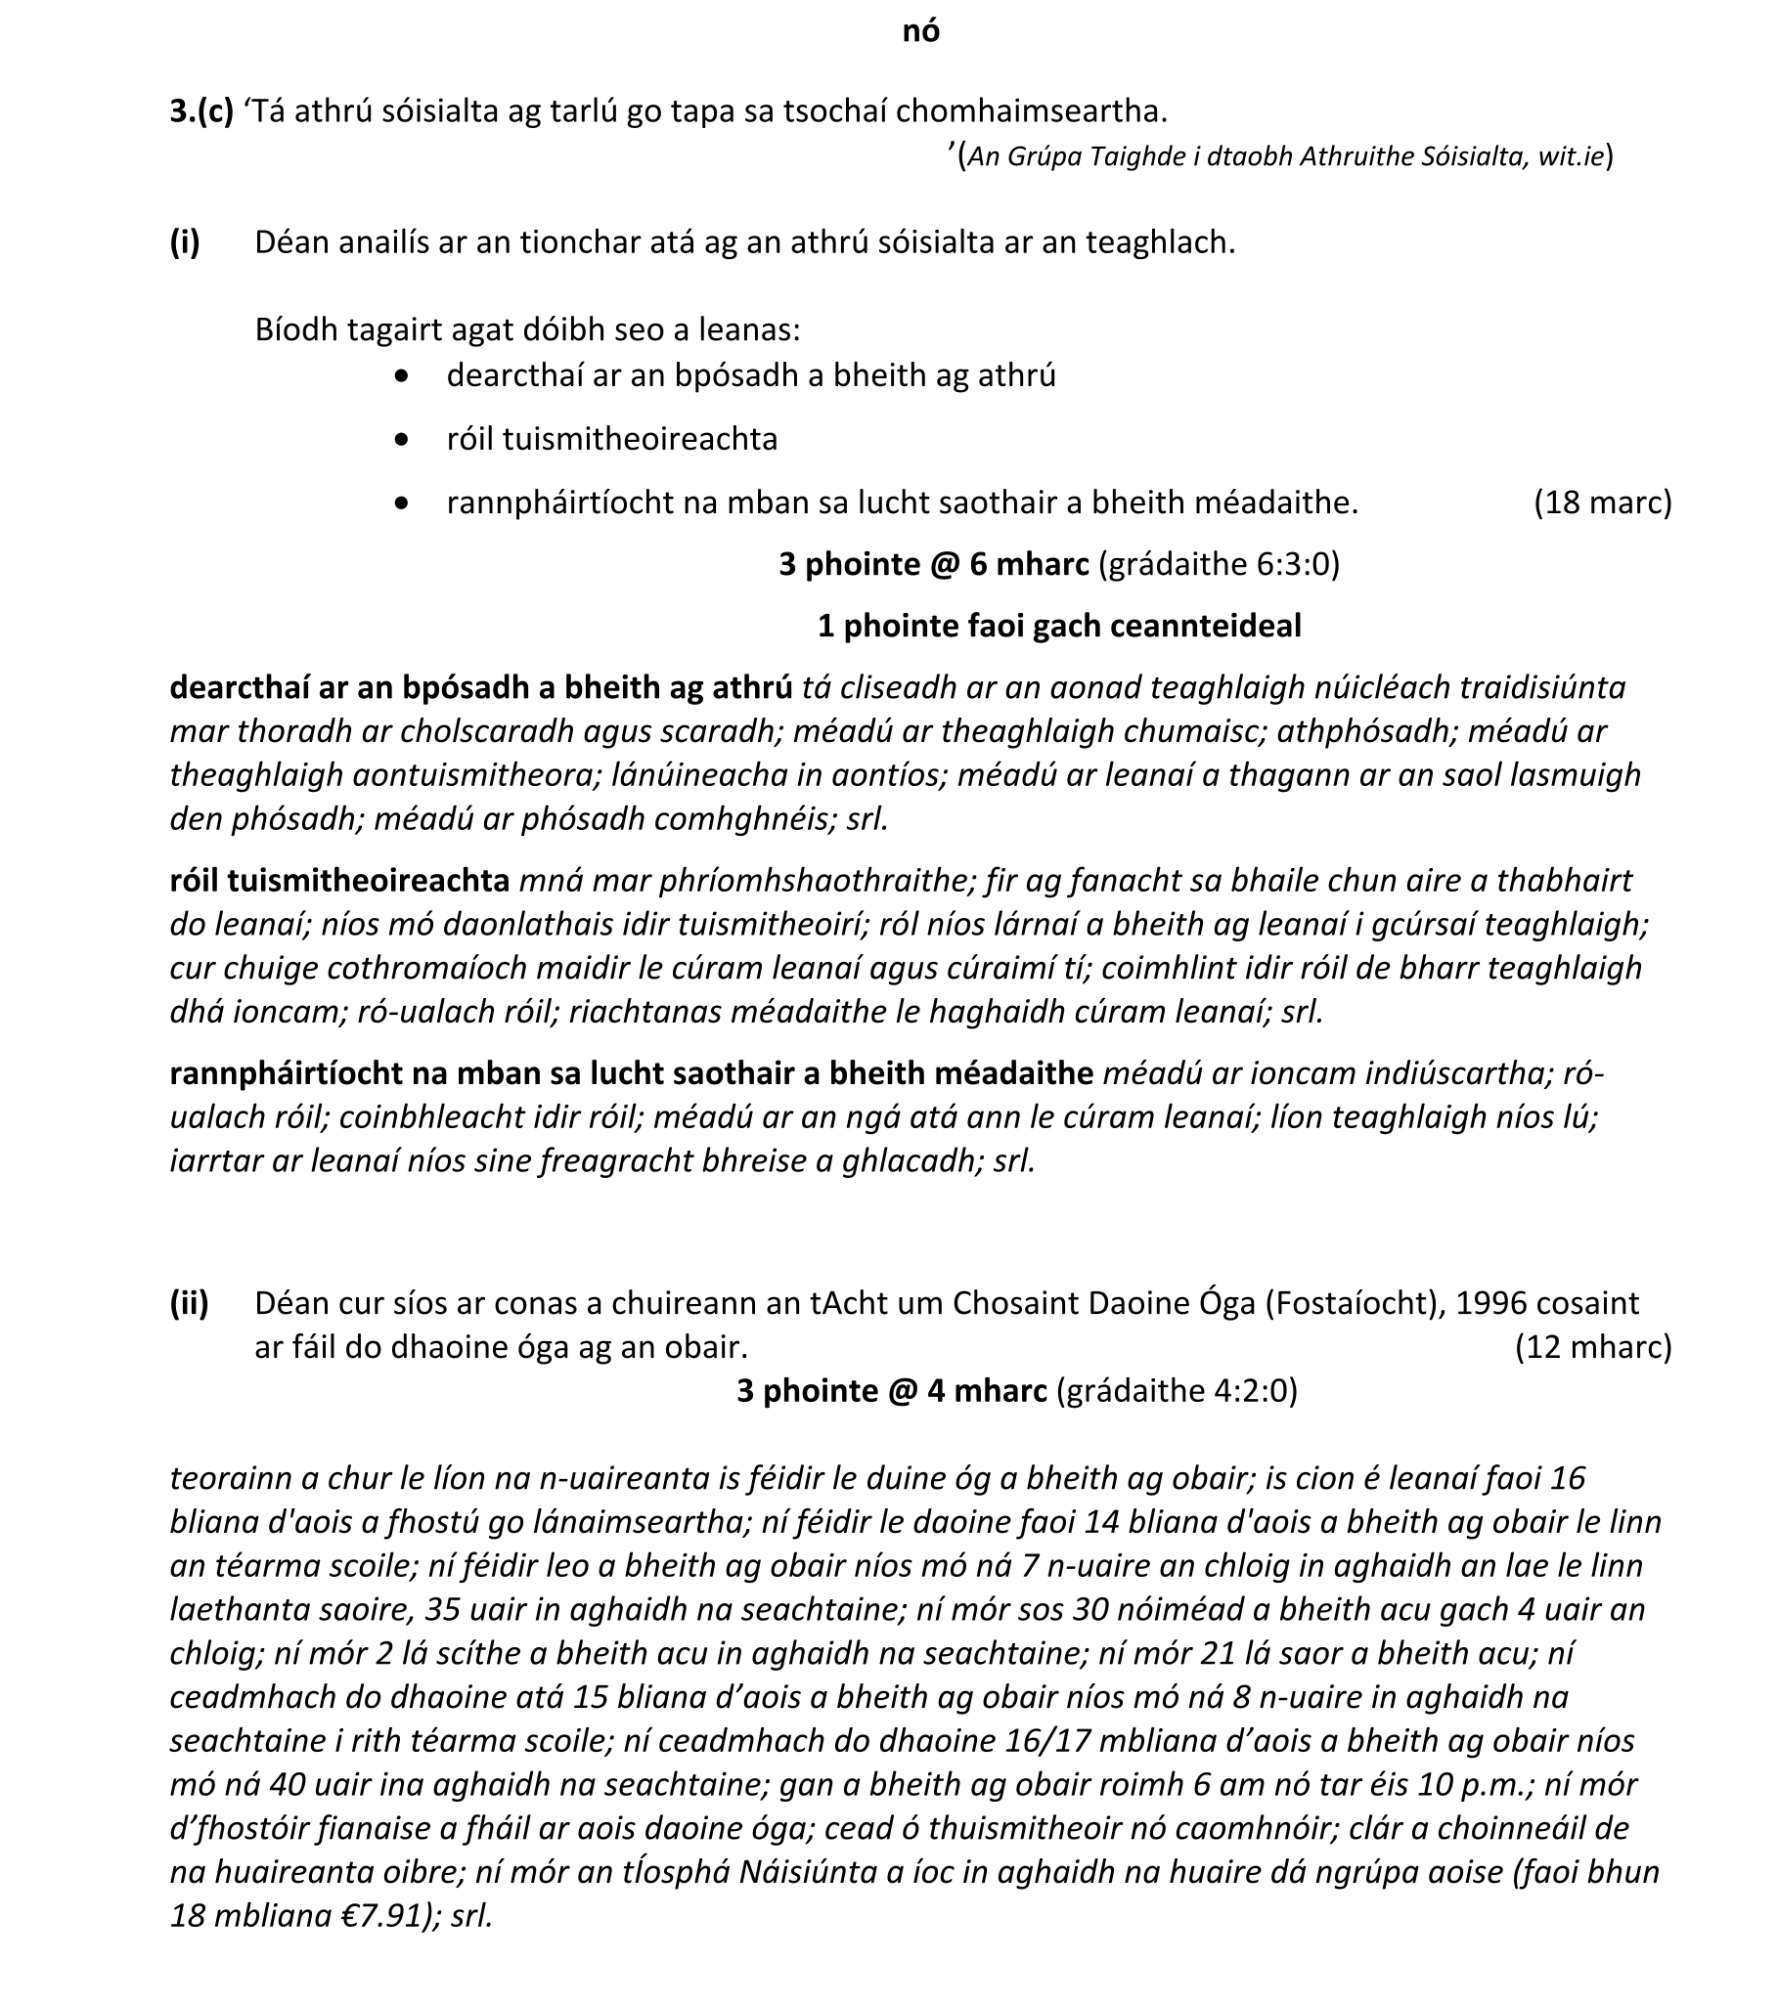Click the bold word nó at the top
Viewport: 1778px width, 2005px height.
click(x=920, y=31)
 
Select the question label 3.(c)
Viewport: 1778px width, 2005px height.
click(x=201, y=110)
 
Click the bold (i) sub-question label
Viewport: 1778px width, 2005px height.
click(x=185, y=242)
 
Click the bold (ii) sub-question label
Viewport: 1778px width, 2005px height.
click(x=189, y=1303)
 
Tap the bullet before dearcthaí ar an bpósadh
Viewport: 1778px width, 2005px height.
click(x=400, y=375)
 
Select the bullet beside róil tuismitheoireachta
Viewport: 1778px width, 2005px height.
click(x=400, y=440)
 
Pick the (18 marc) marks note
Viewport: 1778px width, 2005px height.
click(x=1602, y=502)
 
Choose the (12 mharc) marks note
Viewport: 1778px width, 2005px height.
click(x=1592, y=1347)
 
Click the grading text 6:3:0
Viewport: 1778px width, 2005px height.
click(x=1292, y=564)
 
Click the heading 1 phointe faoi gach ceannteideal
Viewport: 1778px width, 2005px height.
click(x=1059, y=626)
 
